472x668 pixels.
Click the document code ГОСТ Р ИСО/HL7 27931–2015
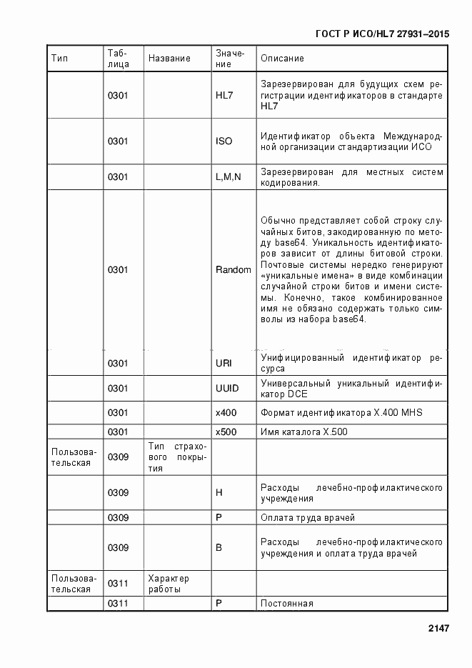(x=382, y=34)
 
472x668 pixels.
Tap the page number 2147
(x=438, y=629)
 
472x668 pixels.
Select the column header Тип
(x=59, y=58)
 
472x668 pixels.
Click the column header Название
(x=169, y=58)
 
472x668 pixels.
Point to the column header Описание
(x=282, y=58)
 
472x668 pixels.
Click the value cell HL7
(x=224, y=95)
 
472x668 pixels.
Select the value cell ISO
(x=224, y=141)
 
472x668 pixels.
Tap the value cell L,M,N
(x=229, y=176)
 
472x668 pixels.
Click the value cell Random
(x=233, y=269)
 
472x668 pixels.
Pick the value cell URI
(x=224, y=363)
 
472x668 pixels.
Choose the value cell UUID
(x=226, y=388)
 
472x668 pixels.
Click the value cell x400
(x=226, y=413)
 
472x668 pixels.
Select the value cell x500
(x=226, y=432)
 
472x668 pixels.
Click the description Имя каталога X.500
(x=303, y=432)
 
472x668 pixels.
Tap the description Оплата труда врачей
(x=308, y=517)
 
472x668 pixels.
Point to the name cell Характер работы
(x=169, y=584)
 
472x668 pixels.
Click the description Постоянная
(x=287, y=604)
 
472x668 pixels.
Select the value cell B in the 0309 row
(x=219, y=547)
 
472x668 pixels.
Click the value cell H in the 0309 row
(x=219, y=492)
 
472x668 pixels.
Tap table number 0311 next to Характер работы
(x=118, y=584)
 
